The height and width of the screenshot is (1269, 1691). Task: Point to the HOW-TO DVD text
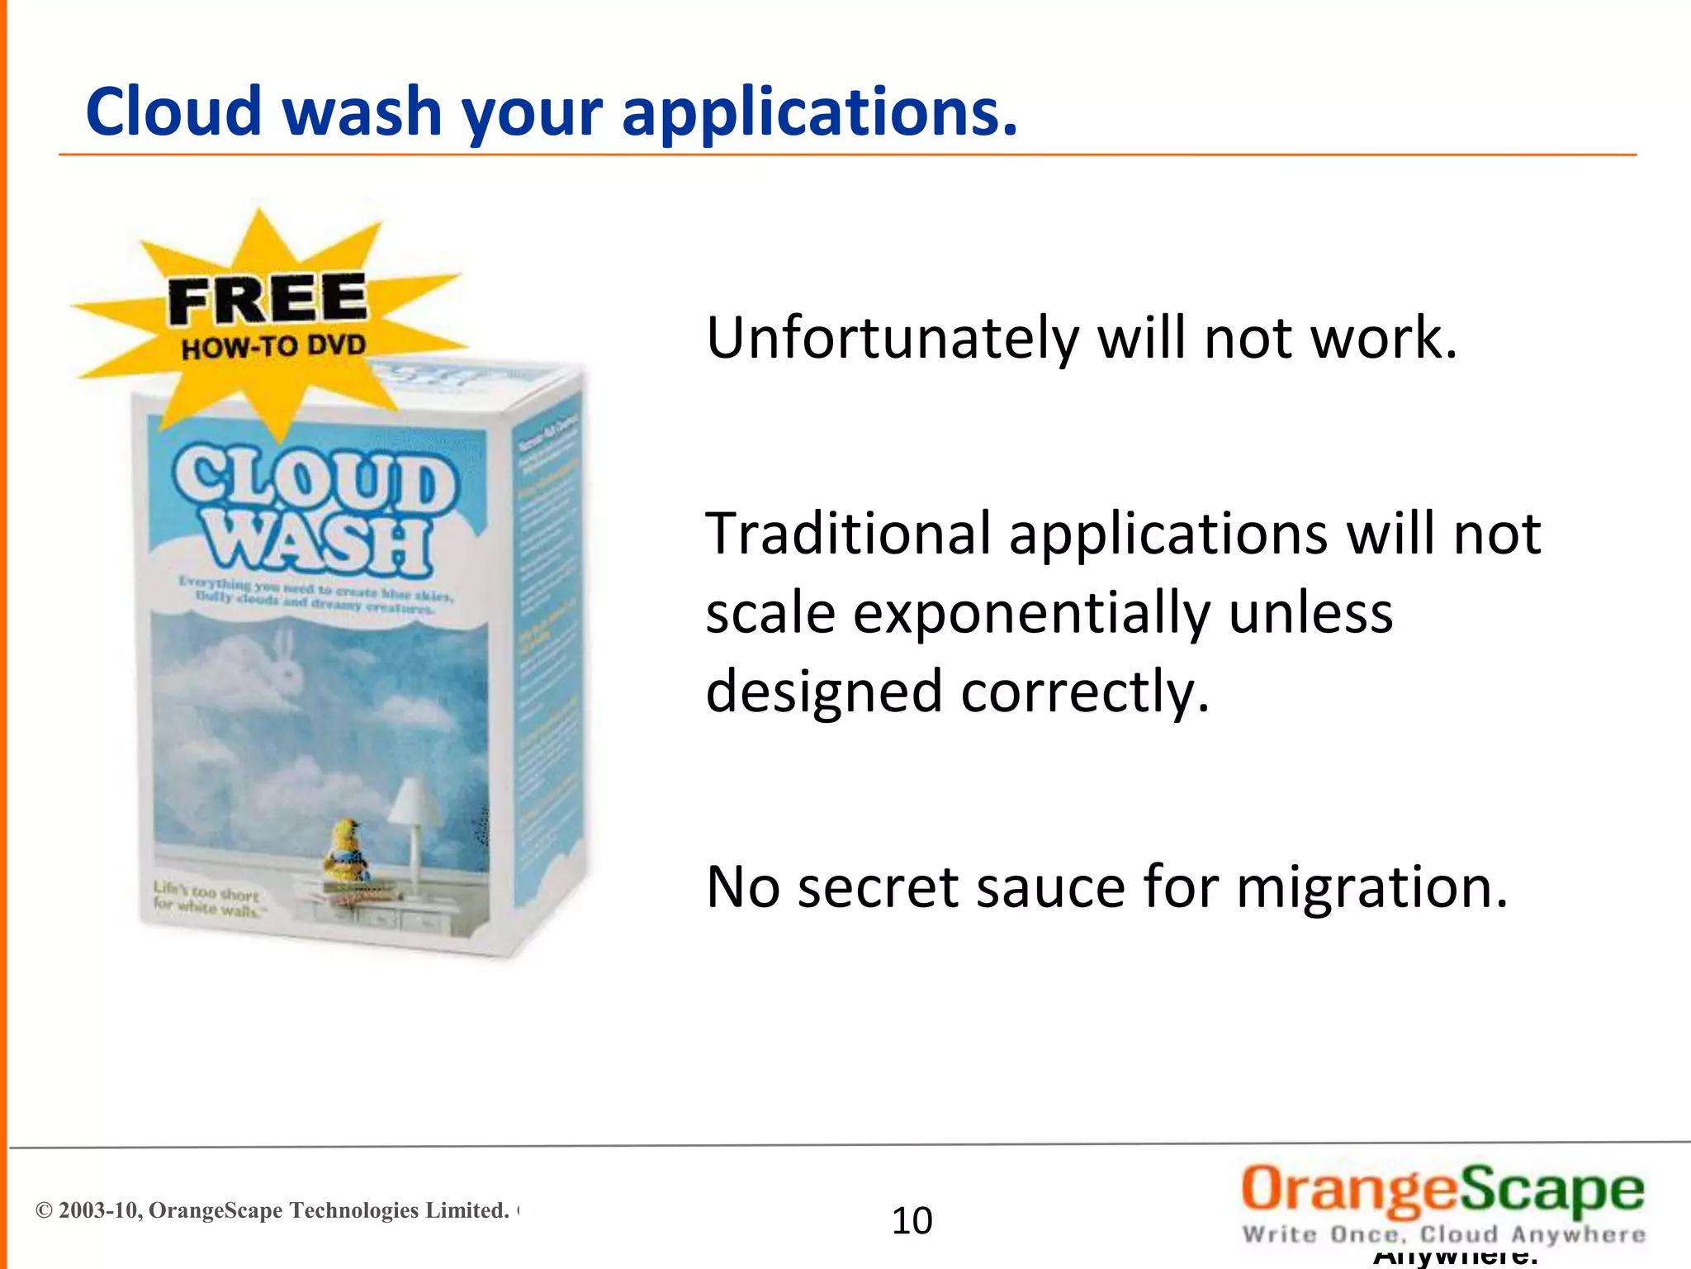(273, 346)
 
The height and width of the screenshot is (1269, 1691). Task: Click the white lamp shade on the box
(416, 801)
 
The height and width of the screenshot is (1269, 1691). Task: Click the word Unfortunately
(892, 339)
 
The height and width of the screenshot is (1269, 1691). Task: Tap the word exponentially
(1031, 615)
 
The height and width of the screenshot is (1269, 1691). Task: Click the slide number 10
(912, 1220)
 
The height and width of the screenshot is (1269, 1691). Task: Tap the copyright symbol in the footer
(44, 1210)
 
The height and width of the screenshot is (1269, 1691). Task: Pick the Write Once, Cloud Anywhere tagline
(1443, 1234)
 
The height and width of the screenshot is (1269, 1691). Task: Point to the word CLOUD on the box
(313, 479)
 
